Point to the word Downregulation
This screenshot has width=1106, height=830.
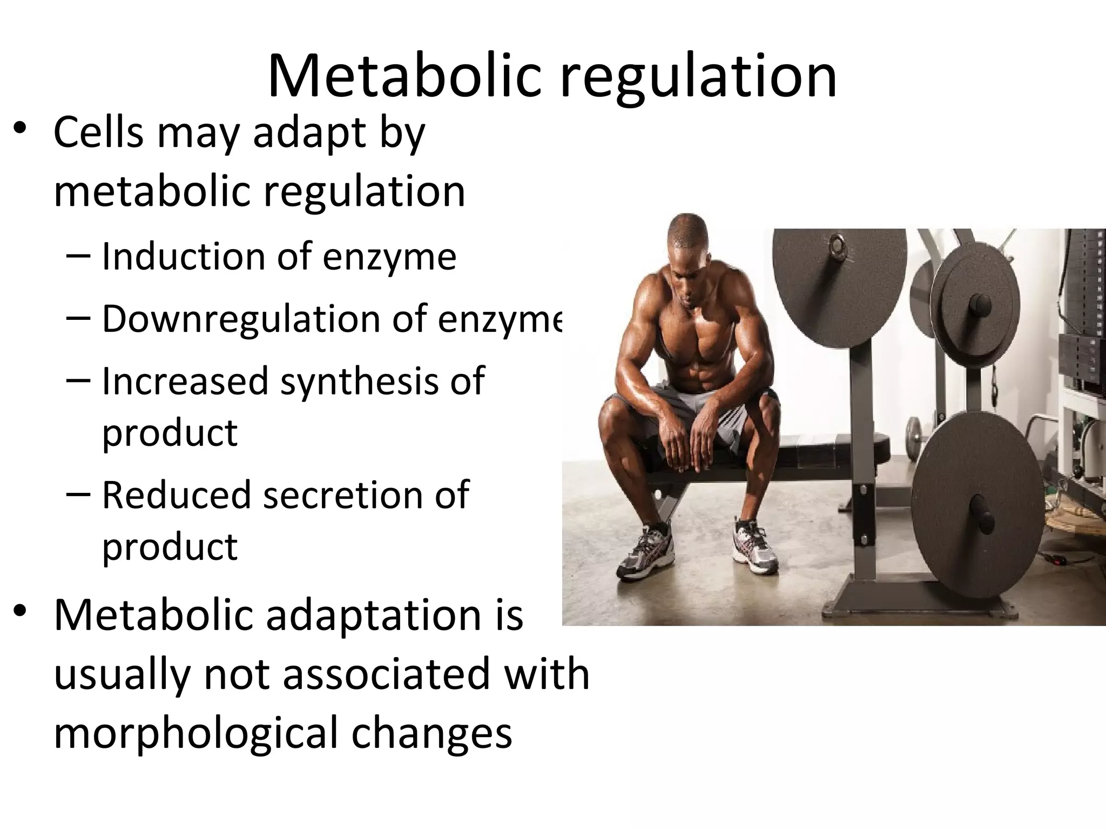241,319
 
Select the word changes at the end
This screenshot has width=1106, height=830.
431,733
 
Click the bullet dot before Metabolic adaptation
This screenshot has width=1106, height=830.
20,611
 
